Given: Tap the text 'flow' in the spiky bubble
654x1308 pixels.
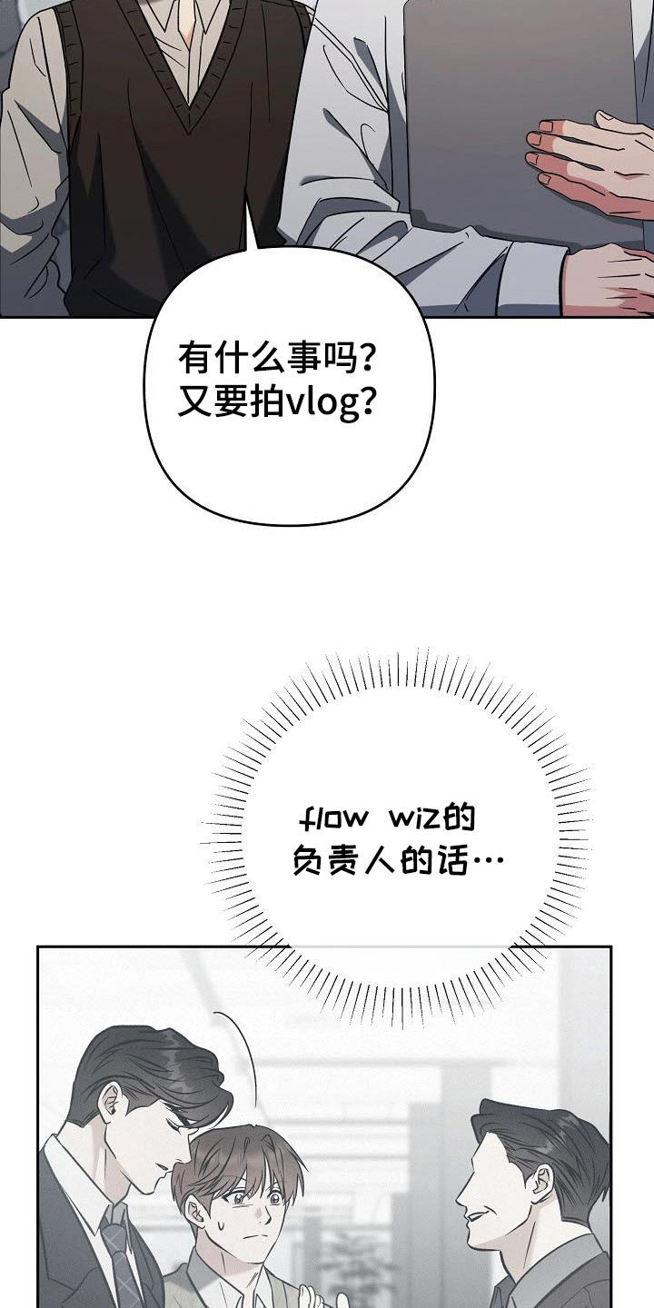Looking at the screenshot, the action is (x=333, y=818).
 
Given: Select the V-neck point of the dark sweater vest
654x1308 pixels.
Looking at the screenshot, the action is (x=190, y=105).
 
